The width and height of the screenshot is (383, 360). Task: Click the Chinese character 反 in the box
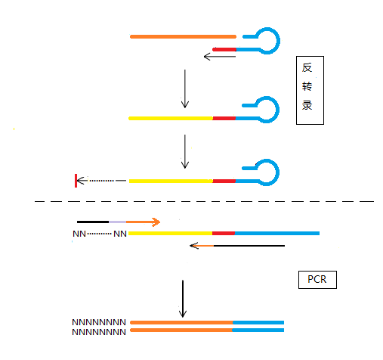[x=307, y=67]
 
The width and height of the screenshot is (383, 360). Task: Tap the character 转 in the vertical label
[x=307, y=86]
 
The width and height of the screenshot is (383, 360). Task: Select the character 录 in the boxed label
[x=307, y=105]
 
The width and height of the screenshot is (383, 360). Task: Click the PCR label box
[x=317, y=280]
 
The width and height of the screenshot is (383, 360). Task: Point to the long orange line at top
[x=183, y=37]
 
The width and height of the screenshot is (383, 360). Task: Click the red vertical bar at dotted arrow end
[x=76, y=181]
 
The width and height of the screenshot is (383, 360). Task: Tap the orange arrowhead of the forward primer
[x=156, y=222]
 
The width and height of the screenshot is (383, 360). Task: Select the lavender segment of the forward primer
[x=117, y=222]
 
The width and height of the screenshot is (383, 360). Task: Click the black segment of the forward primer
[x=93, y=222]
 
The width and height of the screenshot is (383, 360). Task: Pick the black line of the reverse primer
[x=249, y=246]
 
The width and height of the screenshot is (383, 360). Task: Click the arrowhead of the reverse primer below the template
[x=194, y=246]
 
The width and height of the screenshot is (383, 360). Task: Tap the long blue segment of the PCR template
[x=277, y=233]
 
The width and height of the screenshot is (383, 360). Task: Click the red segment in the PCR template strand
[x=224, y=233]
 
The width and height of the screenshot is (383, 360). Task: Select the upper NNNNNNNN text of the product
[x=99, y=322]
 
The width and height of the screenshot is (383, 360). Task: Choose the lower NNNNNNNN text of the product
[x=99, y=332]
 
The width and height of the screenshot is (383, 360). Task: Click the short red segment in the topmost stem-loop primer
[x=224, y=50]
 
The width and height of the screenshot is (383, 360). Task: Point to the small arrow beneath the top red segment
[x=220, y=57]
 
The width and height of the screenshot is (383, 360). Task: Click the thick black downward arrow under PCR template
[x=183, y=299]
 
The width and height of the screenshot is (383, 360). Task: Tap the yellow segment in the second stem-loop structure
[x=171, y=118]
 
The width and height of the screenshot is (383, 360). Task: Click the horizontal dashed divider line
[x=204, y=201]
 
